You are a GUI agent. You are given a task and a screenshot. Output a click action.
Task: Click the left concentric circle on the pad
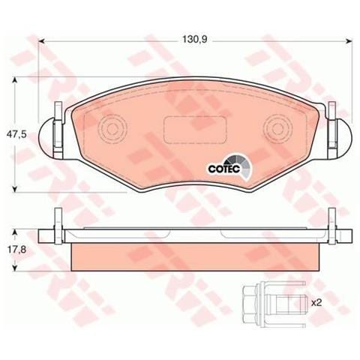click(x=114, y=127)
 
